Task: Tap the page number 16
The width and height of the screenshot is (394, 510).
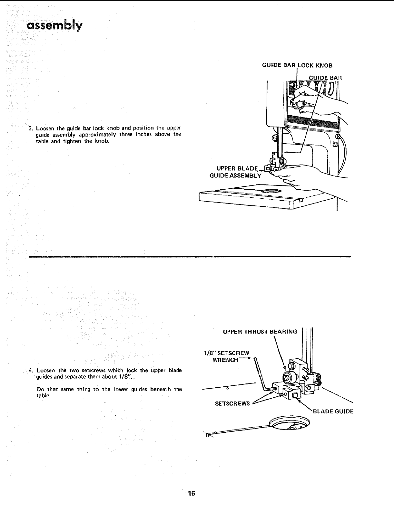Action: click(192, 494)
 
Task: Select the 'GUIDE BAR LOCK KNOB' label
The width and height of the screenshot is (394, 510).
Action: click(297, 65)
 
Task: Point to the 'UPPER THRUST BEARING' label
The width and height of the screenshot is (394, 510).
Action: click(260, 331)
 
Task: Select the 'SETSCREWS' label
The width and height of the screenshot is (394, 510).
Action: click(232, 403)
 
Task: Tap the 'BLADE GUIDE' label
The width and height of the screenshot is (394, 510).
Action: click(333, 411)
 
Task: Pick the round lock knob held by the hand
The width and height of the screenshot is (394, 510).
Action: click(300, 105)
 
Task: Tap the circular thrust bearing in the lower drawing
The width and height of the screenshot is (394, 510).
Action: click(287, 377)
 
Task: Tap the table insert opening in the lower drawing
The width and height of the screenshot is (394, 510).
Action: click(289, 423)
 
